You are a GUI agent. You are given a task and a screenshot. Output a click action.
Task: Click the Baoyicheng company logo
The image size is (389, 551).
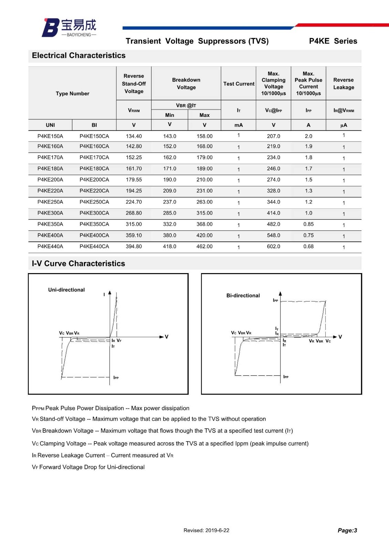click(69, 28)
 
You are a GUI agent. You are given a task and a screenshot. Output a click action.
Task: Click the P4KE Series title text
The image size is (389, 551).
click(333, 41)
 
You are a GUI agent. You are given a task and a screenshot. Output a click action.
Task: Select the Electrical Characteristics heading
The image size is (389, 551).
click(78, 55)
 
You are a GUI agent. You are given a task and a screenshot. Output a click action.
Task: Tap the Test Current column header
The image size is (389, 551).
click(239, 84)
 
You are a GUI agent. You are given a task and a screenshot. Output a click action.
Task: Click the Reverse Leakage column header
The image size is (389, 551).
click(344, 84)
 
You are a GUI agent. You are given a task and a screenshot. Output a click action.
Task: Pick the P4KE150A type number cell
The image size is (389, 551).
click(50, 136)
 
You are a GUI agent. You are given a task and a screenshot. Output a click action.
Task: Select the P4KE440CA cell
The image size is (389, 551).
click(94, 247)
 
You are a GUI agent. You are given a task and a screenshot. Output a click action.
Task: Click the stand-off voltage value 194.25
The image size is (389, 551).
click(134, 191)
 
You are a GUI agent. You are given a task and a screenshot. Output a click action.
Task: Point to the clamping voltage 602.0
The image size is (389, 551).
click(274, 247)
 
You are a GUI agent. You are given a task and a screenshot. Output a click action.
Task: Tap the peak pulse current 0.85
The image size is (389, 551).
click(308, 224)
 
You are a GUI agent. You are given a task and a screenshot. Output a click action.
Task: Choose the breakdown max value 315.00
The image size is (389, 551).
click(204, 213)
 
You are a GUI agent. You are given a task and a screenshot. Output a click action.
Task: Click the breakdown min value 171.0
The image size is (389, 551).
click(170, 169)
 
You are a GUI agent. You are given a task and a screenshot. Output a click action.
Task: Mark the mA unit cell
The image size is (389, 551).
click(239, 125)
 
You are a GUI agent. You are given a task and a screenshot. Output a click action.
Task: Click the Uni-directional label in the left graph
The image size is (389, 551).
click(66, 290)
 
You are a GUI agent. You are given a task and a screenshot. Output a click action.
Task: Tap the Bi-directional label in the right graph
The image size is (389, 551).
click(243, 295)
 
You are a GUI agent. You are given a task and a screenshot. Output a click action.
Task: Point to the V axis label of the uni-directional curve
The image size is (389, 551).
click(167, 337)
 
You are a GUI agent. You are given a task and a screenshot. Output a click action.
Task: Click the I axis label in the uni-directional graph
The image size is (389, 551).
click(104, 294)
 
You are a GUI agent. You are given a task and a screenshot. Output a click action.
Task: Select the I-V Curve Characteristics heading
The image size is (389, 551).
click(78, 263)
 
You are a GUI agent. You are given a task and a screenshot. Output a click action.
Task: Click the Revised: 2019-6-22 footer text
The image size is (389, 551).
click(206, 530)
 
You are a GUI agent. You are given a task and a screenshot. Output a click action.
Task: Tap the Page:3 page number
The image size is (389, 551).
click(347, 530)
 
